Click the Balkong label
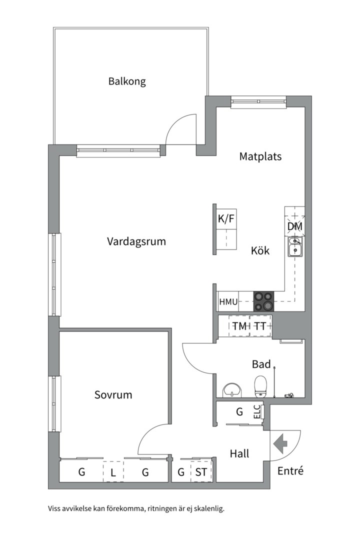pos(127,81)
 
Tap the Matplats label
pos(260,156)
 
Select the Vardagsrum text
pos(136,241)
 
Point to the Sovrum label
pos(113,395)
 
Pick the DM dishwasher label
pos(294,226)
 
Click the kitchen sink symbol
pos(294,246)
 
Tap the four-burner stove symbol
pos(263,301)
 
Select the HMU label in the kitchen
pos(228,302)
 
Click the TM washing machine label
pos(239,326)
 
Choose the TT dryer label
pos(259,326)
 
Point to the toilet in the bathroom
pos(260,386)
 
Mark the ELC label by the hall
pos(257,411)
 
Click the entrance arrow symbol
pos(280,443)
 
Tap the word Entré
pos(290,470)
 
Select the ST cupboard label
pos(201,472)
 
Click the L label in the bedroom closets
pos(113,472)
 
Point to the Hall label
pos(239,454)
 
